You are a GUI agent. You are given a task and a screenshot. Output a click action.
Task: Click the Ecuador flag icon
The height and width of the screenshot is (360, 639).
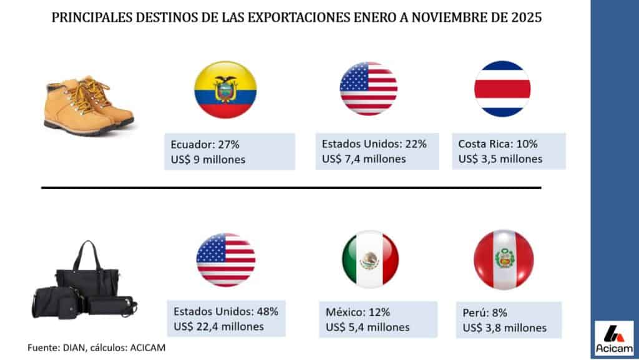[225, 90]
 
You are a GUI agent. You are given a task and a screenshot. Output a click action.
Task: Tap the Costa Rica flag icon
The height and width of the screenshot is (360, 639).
[502, 89]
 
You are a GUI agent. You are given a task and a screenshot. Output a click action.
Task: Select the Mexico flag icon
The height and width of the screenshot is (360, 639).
[370, 258]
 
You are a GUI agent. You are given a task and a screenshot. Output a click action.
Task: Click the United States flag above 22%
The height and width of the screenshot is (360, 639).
[368, 89]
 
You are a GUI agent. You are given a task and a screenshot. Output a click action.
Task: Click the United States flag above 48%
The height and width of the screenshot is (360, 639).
[225, 260]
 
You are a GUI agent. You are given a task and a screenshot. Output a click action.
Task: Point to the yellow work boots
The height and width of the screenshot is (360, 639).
[88, 104]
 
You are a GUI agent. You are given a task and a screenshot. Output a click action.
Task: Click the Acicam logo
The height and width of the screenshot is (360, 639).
[614, 339]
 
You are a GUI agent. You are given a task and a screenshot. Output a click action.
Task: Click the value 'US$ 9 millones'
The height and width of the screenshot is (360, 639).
[208, 160]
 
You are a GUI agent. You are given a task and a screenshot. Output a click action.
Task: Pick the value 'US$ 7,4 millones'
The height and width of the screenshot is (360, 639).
[364, 159]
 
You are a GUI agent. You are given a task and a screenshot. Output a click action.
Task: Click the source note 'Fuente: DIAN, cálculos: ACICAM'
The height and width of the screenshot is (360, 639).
[97, 347]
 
